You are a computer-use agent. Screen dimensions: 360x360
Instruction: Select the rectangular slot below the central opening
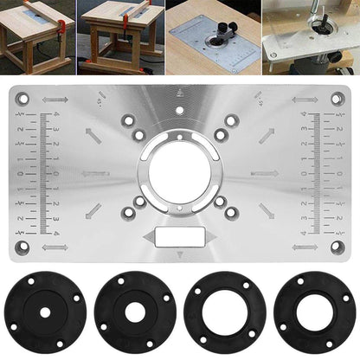click(x=180, y=235)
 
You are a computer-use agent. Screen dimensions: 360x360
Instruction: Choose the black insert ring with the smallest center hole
click(x=40, y=309)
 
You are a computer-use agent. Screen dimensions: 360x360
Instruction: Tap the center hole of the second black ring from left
click(x=133, y=309)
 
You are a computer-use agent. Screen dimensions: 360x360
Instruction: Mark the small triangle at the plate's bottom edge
click(x=180, y=254)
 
